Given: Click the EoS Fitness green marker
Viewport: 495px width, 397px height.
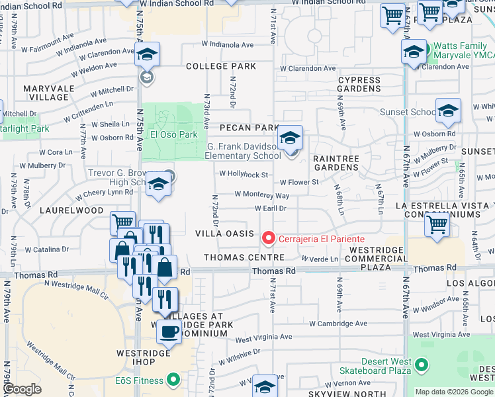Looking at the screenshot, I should (173, 380).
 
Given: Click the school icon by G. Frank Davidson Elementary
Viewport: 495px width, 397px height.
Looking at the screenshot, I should (289, 138).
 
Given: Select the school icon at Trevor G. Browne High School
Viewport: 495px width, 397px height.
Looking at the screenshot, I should (158, 185).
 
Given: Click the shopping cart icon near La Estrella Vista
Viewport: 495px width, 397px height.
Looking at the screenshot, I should (437, 224).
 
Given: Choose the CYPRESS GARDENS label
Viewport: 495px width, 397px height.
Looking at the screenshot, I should (359, 84).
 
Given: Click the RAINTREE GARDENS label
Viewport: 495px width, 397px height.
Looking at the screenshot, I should (336, 163).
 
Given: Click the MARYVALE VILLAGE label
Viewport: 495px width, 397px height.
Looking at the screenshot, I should (46, 93).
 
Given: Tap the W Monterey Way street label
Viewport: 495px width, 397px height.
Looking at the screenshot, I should (262, 195).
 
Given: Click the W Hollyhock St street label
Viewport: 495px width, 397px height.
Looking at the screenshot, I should (244, 175).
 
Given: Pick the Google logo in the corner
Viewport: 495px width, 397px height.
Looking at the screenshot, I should (22, 389).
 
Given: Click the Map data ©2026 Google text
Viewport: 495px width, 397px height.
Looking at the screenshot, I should (453, 392).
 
